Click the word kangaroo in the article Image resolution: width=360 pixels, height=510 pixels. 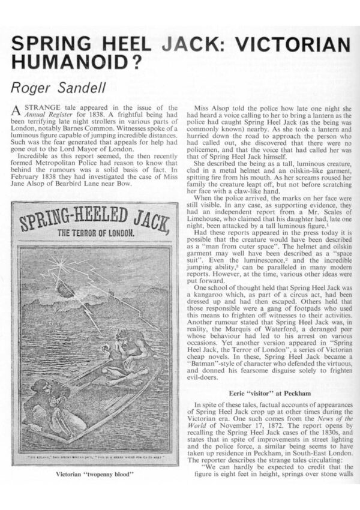(x=208, y=311)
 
